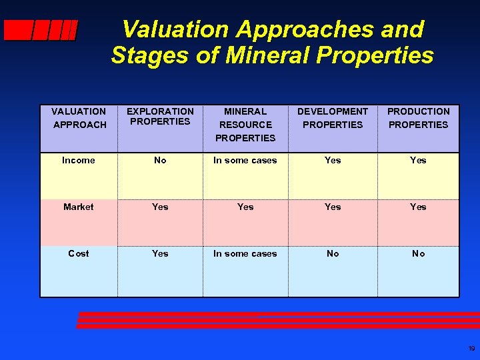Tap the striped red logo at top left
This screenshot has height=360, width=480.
click(x=40, y=31)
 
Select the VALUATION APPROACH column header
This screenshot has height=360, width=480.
click(x=79, y=118)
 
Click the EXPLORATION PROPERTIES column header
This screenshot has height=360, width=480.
click(x=160, y=117)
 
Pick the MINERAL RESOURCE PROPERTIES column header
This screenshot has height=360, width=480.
click(x=245, y=125)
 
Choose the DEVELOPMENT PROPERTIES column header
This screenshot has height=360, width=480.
click(x=333, y=118)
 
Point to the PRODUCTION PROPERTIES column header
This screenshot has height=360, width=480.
click(x=418, y=118)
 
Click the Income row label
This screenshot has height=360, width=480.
click(x=79, y=161)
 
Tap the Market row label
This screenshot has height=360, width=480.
click(x=79, y=207)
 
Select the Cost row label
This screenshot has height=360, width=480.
click(x=79, y=254)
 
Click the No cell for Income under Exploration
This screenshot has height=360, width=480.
click(x=160, y=161)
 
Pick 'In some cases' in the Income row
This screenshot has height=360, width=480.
click(x=245, y=161)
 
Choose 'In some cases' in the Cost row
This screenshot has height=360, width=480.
click(x=245, y=254)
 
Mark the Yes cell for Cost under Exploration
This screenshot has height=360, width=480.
click(x=160, y=254)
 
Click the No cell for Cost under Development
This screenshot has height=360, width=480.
click(x=333, y=254)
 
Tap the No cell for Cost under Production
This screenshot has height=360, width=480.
click(x=418, y=254)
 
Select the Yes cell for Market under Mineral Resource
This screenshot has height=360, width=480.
click(x=245, y=207)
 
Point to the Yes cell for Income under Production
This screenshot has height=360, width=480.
click(x=418, y=161)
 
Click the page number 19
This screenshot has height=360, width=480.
click(x=471, y=349)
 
